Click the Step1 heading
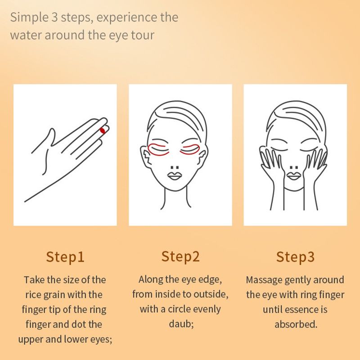coord(65,257)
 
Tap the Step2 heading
coord(180,256)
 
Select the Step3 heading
coord(295,257)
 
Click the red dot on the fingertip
coord(103,130)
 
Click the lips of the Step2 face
coord(175,176)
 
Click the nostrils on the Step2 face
coord(175,167)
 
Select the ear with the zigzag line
coord(145,156)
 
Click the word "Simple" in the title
coord(29,18)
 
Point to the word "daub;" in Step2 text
coord(181,324)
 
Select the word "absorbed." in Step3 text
coord(296,324)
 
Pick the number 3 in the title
coord(54,18)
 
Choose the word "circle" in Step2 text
coord(180,309)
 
